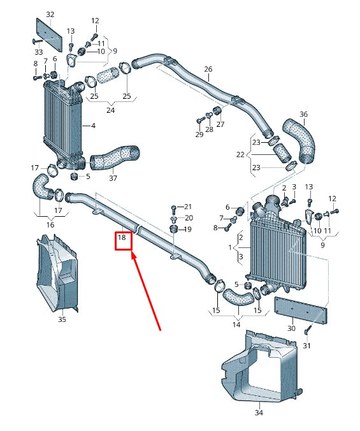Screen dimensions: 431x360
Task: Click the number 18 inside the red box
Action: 123,240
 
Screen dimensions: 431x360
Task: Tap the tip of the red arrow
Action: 132,254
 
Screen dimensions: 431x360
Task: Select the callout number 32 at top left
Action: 50,14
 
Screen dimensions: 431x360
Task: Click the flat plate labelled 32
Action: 50,34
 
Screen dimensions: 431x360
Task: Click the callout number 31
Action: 306,346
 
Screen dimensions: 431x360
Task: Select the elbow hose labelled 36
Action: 301,137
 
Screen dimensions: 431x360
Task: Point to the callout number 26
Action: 208,69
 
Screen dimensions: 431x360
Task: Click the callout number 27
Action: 220,124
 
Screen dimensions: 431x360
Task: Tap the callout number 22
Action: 240,154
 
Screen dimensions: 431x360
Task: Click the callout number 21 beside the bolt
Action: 187,207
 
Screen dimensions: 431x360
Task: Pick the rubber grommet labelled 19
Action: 173,229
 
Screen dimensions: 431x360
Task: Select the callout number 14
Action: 236,325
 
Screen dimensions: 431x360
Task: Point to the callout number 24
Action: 110,110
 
